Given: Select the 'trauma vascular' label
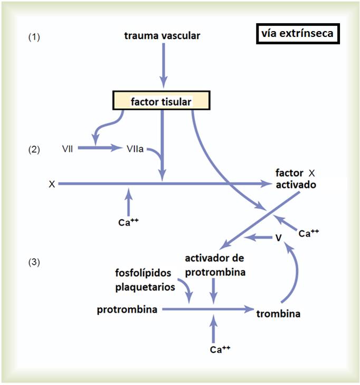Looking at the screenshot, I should pyautogui.click(x=162, y=36).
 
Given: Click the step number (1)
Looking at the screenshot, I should pyautogui.click(x=34, y=37).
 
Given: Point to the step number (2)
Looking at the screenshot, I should pyautogui.click(x=34, y=149).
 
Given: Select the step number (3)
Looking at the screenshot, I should pyautogui.click(x=34, y=262).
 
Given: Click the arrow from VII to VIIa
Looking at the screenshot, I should pyautogui.click(x=100, y=149).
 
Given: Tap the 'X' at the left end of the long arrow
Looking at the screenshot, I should pyautogui.click(x=52, y=184).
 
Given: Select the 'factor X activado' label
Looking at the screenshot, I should pyautogui.click(x=296, y=179).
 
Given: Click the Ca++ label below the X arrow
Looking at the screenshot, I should pyautogui.click(x=128, y=221).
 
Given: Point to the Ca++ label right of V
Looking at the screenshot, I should pyautogui.click(x=309, y=232).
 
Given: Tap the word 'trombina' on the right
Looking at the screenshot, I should pyautogui.click(x=278, y=314).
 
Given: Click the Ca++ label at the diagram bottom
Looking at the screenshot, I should pyautogui.click(x=220, y=349).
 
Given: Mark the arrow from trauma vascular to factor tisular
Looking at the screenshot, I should pyautogui.click(x=164, y=63).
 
